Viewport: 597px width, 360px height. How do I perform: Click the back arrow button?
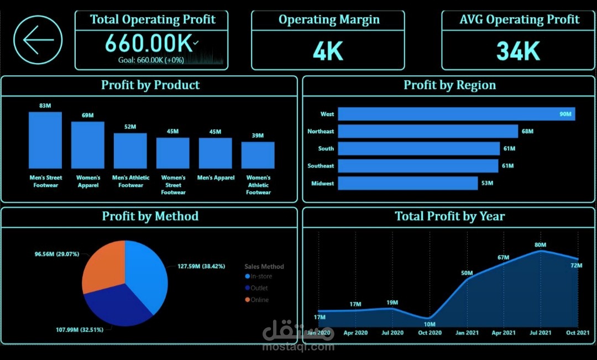38,40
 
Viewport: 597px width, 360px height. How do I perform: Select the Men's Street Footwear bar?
45,140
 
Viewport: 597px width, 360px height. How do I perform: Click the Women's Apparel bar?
87,145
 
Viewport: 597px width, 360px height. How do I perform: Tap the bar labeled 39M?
258,155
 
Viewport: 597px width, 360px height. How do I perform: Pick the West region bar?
456,114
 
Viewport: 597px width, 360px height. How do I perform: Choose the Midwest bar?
407,183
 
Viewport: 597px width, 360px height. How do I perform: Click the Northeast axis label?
321,132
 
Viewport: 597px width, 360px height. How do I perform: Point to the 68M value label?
527,132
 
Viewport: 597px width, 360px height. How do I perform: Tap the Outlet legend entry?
259,288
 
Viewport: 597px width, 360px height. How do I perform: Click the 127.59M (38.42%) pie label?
201,266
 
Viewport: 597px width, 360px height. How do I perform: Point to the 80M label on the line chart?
540,245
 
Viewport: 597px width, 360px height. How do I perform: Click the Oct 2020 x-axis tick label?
430,333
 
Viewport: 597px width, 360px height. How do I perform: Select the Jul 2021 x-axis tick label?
541,333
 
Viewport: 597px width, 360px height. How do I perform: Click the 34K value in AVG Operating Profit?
517,51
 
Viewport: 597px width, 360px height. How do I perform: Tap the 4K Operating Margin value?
328,51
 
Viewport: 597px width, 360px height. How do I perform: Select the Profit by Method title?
150,216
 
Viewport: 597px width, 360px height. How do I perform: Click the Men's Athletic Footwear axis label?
130,181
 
